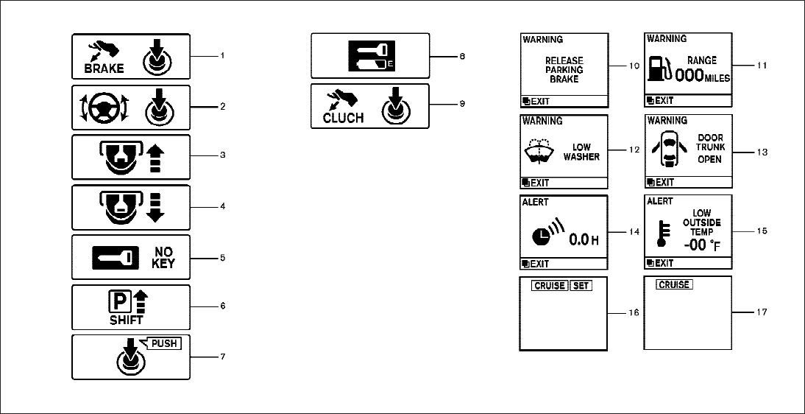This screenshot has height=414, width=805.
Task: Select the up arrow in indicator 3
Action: click(x=155, y=157)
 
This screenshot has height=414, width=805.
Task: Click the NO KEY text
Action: click(x=163, y=258)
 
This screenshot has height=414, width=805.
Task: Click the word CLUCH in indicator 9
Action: click(x=343, y=117)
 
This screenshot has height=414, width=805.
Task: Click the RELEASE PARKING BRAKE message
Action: click(x=564, y=69)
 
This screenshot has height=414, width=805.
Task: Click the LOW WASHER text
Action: click(x=581, y=152)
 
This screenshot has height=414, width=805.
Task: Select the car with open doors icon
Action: click(x=667, y=151)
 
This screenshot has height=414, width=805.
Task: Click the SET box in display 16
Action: click(x=581, y=285)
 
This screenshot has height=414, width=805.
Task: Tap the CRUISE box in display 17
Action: click(x=674, y=284)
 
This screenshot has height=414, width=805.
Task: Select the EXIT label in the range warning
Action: click(x=663, y=100)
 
